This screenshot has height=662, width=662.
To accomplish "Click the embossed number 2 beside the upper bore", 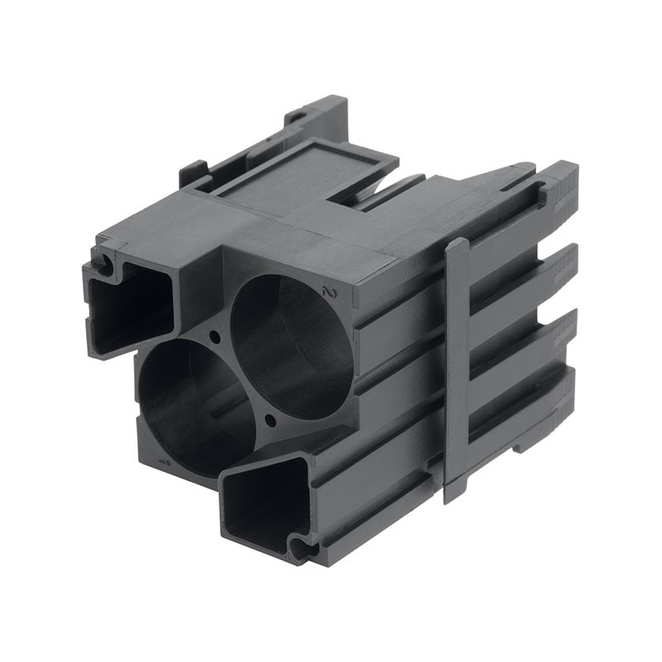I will coord(330,292).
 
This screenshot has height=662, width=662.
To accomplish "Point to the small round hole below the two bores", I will coord(270,421).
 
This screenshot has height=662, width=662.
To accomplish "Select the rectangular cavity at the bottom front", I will coord(263,500).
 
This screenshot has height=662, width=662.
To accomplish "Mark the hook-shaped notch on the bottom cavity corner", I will coord(299,545).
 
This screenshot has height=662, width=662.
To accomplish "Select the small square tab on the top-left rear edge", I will coord(192,173).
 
